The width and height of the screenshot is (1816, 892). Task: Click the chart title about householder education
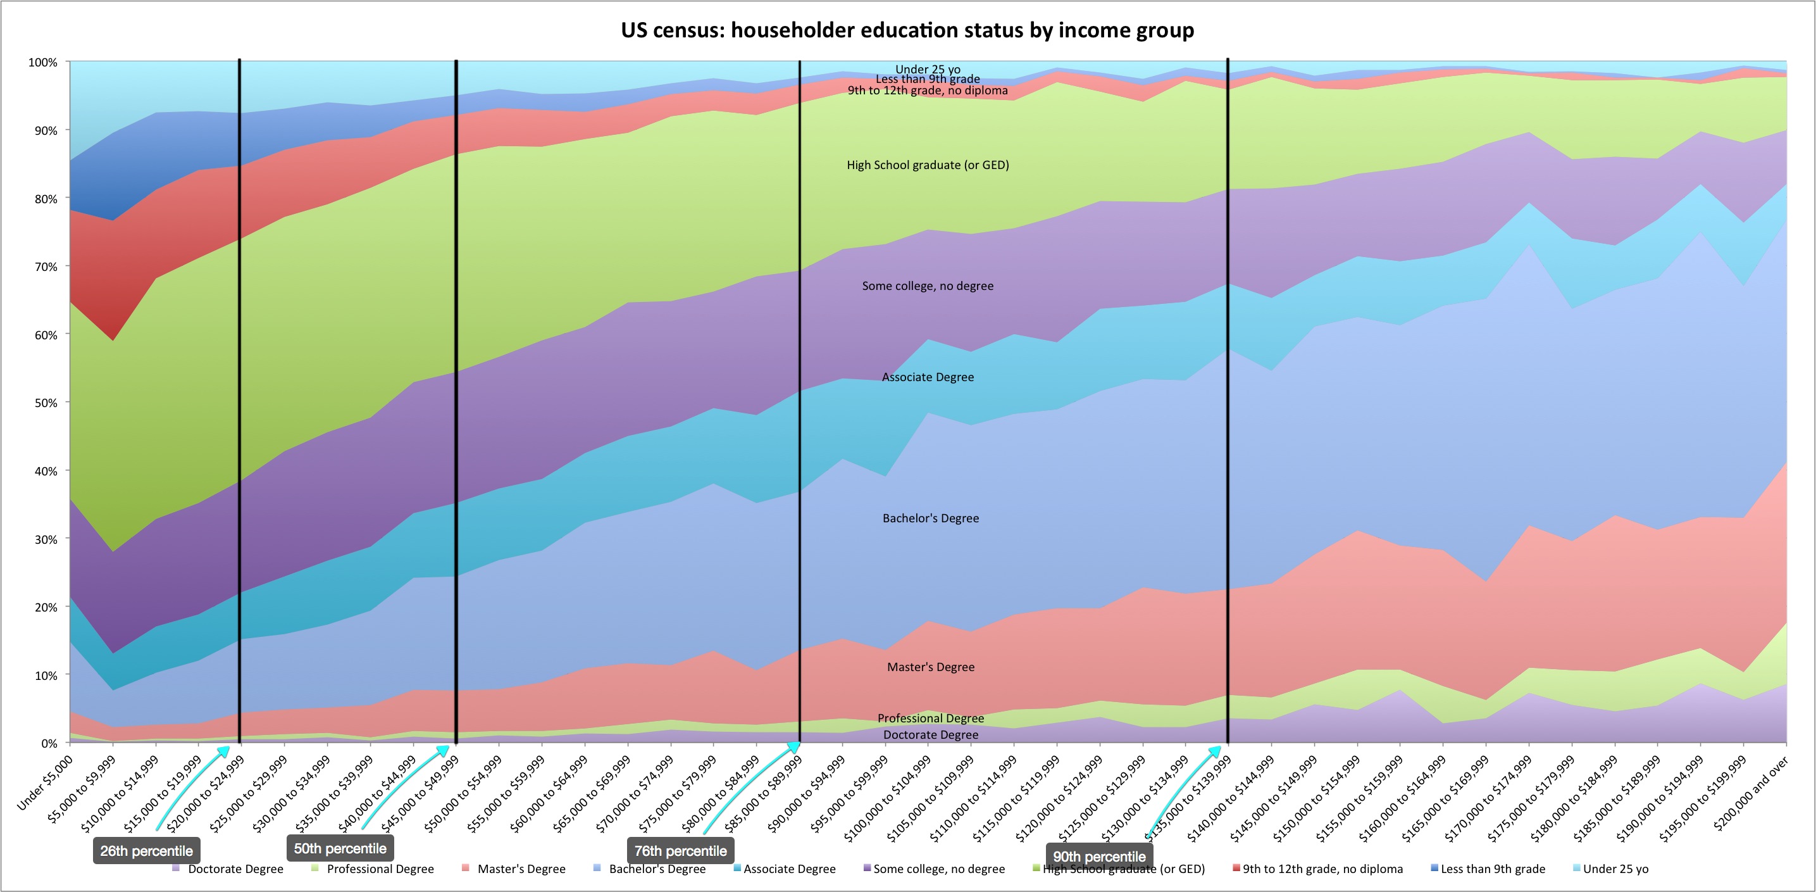907,30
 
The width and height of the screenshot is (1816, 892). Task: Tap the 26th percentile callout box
147,850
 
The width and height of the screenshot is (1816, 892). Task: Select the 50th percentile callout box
340,848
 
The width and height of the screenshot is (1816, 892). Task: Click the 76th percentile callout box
680,850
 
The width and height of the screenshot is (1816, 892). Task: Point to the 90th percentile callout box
1099,856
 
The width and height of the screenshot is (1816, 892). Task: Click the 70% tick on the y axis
44,267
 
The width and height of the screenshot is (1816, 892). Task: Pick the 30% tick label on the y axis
44,539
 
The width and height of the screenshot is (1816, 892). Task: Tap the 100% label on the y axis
42,63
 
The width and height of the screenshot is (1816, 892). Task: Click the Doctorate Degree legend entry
228,869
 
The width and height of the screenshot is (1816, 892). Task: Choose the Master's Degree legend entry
514,869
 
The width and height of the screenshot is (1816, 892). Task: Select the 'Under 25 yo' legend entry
1610,869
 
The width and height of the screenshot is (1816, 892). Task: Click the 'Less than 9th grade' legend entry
1488,869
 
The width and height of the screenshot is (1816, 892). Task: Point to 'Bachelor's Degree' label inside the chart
931,518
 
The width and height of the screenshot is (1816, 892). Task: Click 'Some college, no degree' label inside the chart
928,286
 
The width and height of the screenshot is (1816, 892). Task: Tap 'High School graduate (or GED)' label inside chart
928,165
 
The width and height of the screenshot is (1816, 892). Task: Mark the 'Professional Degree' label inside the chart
931,718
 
